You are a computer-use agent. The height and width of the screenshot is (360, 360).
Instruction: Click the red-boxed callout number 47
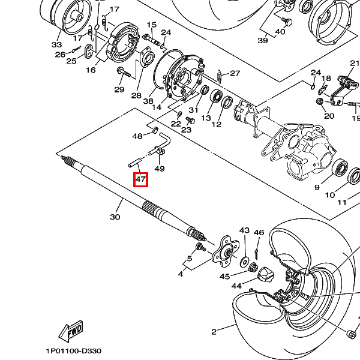140,179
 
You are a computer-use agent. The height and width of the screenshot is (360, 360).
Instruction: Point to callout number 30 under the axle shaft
115,217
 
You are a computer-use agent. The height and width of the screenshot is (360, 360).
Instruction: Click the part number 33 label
56,44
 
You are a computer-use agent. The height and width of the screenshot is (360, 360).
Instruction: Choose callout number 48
137,136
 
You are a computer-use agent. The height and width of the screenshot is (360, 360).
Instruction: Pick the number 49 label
159,169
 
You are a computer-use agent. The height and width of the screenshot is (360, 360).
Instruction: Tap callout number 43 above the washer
244,231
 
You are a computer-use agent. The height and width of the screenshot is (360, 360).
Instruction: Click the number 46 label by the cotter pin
259,233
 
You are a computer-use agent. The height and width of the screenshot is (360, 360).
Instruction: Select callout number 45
224,276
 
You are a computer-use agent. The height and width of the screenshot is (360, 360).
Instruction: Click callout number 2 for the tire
214,332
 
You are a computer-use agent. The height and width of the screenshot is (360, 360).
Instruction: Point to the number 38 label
148,101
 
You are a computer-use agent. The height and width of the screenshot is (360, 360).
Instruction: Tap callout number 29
119,89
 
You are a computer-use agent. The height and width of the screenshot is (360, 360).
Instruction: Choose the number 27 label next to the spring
235,74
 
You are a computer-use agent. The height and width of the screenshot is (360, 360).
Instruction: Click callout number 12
216,124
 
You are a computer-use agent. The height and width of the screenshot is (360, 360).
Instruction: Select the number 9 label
317,188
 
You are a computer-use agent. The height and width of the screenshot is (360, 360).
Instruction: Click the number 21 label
354,64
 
